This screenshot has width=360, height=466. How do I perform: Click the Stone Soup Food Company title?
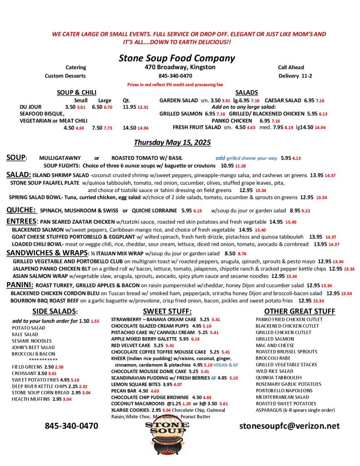[x=177, y=58]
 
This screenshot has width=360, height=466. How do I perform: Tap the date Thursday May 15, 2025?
[x=172, y=143]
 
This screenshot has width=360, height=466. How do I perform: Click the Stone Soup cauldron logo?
[x=167, y=439]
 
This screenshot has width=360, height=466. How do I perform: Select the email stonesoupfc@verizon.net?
[x=289, y=426]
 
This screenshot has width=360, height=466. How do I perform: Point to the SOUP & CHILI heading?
[x=76, y=92]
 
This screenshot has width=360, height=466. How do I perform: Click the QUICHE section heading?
[x=21, y=210]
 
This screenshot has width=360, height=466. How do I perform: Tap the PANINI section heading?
[x=18, y=285]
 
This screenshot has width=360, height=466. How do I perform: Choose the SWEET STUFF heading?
[x=167, y=312]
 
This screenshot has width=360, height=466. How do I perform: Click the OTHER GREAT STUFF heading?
[x=299, y=312]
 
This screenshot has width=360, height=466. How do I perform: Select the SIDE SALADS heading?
[x=55, y=312]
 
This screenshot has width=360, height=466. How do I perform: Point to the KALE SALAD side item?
[x=25, y=334]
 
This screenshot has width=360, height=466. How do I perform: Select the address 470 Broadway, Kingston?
[x=177, y=67]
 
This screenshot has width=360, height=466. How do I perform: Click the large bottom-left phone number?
[x=71, y=426]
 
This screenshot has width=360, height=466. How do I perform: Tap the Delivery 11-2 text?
[x=295, y=76]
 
